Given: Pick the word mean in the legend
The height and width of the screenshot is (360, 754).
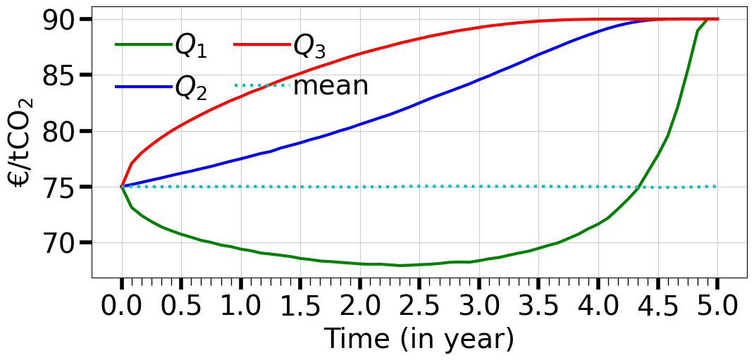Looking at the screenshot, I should (330, 87).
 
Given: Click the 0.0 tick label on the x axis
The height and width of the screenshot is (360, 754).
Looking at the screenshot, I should (121, 309).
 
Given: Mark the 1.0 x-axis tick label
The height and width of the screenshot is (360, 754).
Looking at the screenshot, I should (240, 309).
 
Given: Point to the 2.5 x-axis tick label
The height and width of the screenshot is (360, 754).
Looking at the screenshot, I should (419, 309).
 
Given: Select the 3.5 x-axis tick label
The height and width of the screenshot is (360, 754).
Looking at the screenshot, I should (538, 309).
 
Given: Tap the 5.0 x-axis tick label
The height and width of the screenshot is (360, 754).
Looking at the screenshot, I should (717, 309).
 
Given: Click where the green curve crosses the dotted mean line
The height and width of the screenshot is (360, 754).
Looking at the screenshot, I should (638, 187).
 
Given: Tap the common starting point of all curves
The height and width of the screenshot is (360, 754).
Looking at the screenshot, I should (121, 187).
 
